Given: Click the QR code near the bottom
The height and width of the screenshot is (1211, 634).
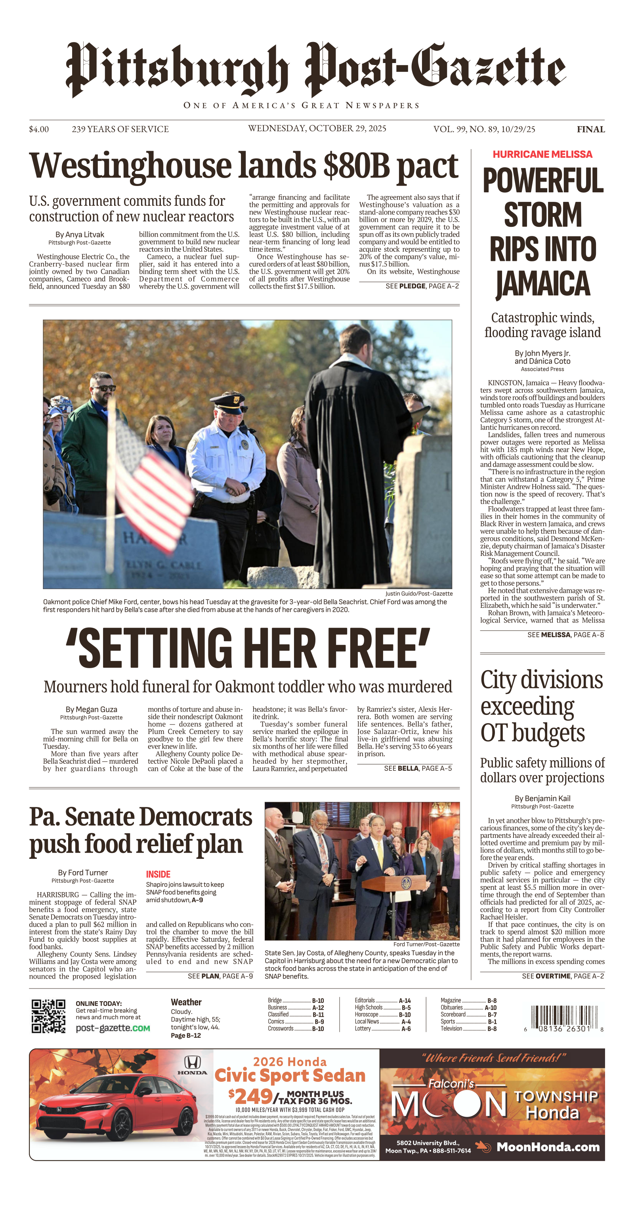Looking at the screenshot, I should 48,1016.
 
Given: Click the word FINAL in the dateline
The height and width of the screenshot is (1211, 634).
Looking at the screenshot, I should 590,129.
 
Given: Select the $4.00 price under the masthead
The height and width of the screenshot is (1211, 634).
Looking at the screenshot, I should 39,129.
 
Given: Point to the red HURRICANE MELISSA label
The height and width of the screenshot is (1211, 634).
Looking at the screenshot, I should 542,154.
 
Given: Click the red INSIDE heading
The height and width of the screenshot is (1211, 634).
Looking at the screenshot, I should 158,874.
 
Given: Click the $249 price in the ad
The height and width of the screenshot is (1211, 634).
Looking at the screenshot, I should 251,1097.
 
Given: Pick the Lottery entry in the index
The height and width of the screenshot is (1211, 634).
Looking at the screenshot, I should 363,1029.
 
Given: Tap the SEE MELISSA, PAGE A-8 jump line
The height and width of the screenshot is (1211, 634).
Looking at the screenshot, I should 565,635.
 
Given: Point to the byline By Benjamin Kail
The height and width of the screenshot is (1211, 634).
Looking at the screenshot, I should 542,798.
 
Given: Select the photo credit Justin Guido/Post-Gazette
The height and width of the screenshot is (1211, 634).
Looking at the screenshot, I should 418,593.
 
